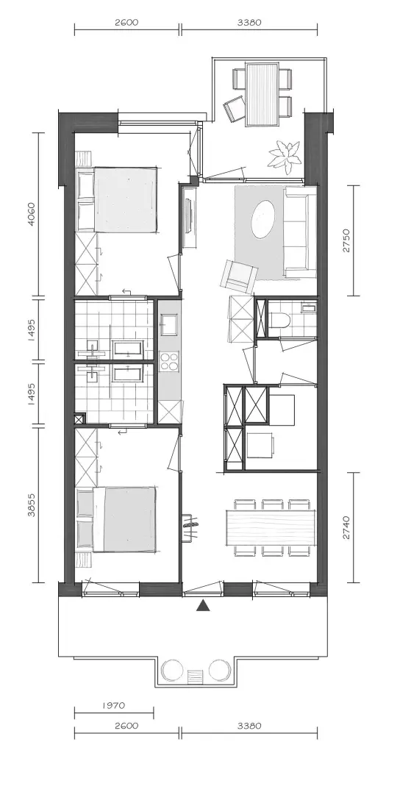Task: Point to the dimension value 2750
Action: [x=346, y=240]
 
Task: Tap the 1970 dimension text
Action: [x=114, y=705]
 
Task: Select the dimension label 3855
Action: [x=31, y=504]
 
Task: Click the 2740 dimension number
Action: [x=346, y=527]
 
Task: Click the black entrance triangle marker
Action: [x=204, y=606]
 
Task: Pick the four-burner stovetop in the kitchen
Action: [x=169, y=361]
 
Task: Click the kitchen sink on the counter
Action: [x=169, y=323]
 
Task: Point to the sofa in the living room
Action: [x=299, y=232]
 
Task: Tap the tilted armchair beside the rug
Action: [x=237, y=276]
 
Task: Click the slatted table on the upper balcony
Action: [x=262, y=94]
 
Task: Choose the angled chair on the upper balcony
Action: [x=235, y=109]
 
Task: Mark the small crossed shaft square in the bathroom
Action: [x=80, y=419]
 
